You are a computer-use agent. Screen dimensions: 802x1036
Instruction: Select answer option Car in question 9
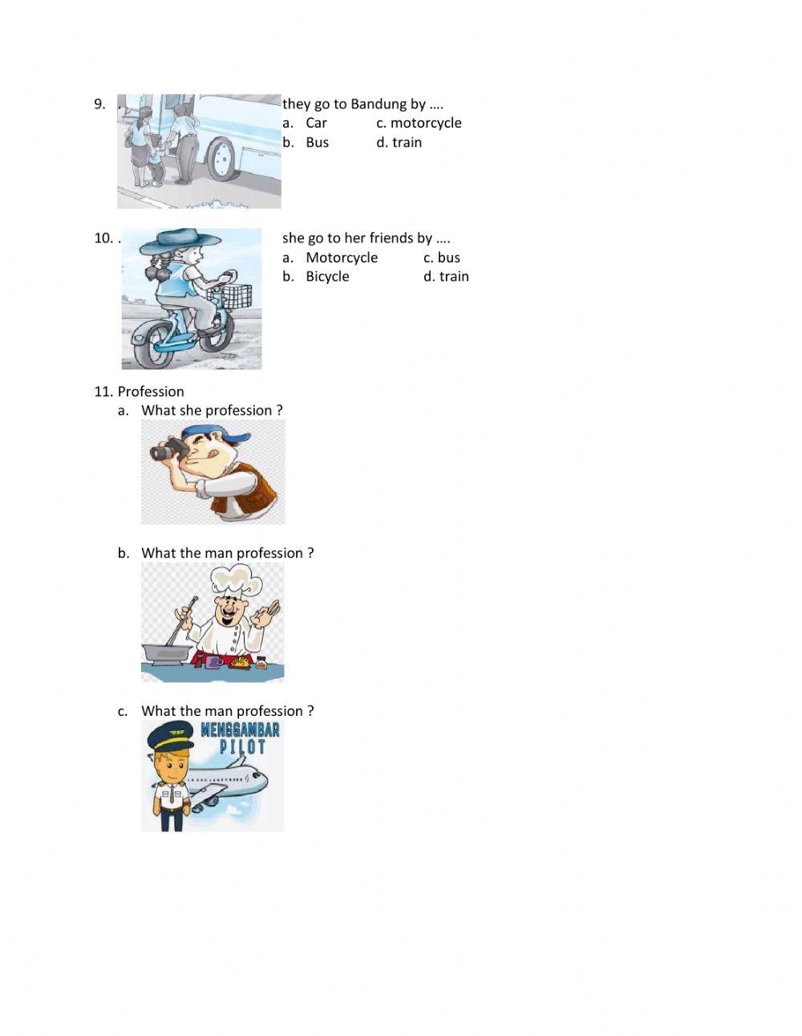(316, 123)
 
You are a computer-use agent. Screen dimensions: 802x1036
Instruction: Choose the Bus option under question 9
(317, 143)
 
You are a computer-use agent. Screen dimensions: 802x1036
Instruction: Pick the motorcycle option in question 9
(426, 123)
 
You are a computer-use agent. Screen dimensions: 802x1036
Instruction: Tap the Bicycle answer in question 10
(327, 277)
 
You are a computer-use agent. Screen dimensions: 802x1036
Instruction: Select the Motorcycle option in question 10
(342, 258)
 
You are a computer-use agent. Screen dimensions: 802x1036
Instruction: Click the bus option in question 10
(448, 258)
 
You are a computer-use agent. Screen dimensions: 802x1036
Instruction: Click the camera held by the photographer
(168, 449)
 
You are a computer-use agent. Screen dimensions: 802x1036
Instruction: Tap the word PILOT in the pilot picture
(242, 748)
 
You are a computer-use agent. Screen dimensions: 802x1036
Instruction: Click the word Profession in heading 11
(151, 392)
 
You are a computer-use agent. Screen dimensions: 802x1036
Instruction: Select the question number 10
(103, 238)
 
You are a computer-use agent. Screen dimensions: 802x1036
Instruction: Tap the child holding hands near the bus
(156, 160)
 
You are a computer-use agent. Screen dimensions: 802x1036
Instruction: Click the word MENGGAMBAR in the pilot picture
(240, 730)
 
